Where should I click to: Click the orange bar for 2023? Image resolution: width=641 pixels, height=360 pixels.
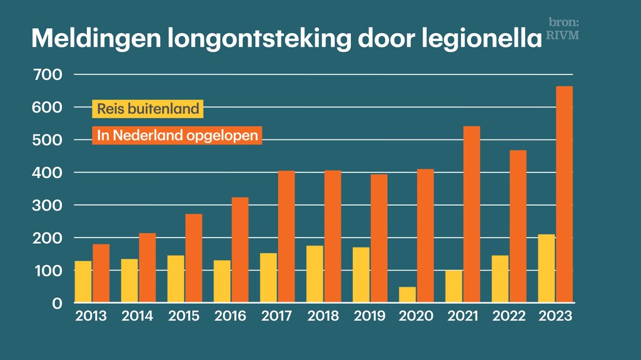pos(564,194)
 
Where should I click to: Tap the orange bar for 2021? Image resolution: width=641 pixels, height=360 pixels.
pos(472,214)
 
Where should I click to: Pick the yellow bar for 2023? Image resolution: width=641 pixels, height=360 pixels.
pos(547,269)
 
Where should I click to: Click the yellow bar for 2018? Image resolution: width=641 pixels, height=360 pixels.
pos(315,274)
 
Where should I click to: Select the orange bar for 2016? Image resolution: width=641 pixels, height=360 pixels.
pos(240,250)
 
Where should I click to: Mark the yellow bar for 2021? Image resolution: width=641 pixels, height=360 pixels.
pos(454,287)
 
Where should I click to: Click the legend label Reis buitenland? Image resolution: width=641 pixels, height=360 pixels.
pos(148,109)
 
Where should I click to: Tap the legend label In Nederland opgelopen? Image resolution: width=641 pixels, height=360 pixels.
pos(178,136)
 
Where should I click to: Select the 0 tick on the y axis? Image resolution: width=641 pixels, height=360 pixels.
pos(57,304)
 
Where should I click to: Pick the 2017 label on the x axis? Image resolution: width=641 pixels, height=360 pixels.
pos(277,316)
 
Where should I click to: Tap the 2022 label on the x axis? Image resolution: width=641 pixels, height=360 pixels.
pos(508,316)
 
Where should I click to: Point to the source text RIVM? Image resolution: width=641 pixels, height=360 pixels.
pos(562,36)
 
